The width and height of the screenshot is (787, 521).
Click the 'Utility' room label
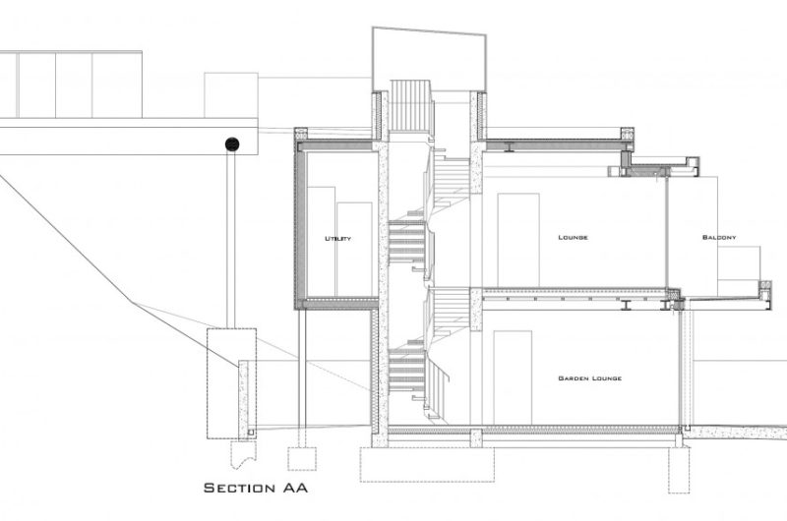coord(337,239)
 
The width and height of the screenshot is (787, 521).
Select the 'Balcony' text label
coord(719,237)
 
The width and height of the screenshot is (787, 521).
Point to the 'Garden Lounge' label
coord(589,378)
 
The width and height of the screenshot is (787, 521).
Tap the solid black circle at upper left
coord(232,145)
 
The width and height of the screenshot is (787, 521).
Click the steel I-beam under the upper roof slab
coord(509,147)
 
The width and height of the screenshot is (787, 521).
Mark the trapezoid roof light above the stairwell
coord(430,54)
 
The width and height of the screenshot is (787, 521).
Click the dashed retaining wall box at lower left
coord(231,383)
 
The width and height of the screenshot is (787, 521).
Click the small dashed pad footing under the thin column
coord(302,459)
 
